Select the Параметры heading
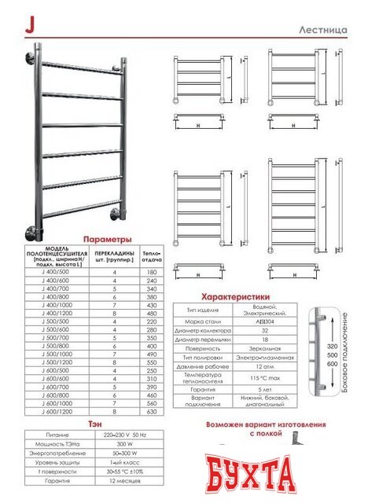tap(107, 239)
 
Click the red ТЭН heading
tap(94, 423)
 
